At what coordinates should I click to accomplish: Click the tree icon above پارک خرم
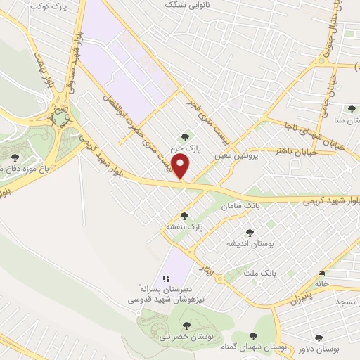(185, 137)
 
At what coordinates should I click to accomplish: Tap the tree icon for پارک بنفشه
(185, 216)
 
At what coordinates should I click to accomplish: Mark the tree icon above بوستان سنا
(351, 109)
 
